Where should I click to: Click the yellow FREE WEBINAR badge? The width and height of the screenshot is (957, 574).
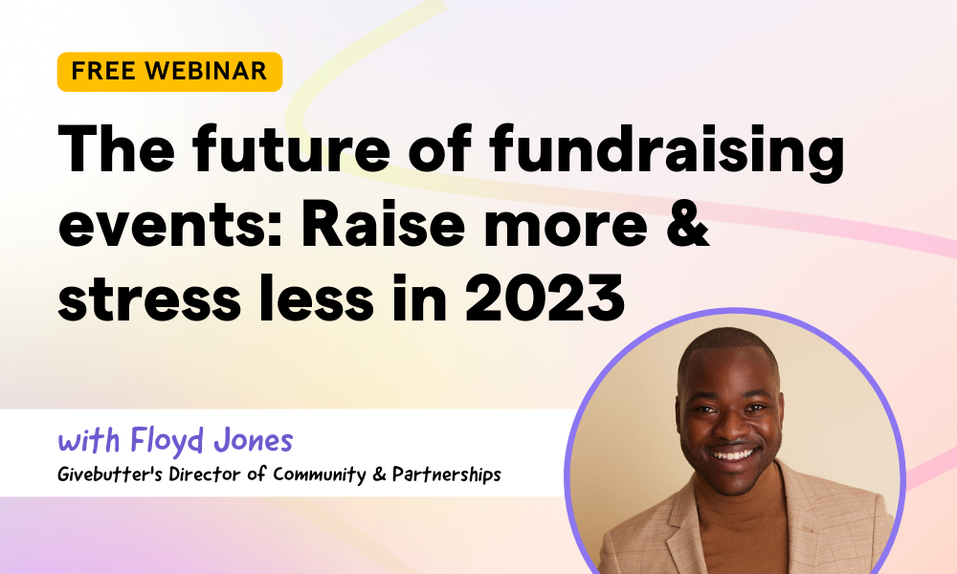pyautogui.click(x=169, y=72)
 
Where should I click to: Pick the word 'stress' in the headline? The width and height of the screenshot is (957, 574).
pyautogui.click(x=149, y=298)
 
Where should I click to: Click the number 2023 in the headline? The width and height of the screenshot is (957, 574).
pyautogui.click(x=545, y=298)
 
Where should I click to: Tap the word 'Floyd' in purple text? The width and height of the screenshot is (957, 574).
pyautogui.click(x=167, y=441)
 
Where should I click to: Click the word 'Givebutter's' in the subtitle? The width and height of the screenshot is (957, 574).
pyautogui.click(x=110, y=475)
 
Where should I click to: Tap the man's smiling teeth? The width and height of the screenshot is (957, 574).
pyautogui.click(x=732, y=454)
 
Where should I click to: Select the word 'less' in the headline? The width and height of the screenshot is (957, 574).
pyautogui.click(x=316, y=298)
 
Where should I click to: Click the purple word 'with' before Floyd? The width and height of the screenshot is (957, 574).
pyautogui.click(x=89, y=440)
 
